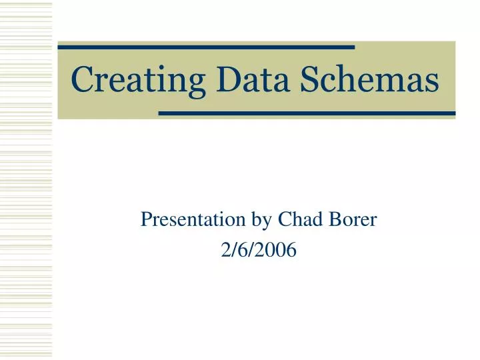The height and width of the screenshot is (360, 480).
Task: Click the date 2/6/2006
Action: pos(258,251)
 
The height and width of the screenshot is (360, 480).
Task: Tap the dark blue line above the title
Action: pos(206,47)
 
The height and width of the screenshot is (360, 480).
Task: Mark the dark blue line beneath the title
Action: pos(307,113)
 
